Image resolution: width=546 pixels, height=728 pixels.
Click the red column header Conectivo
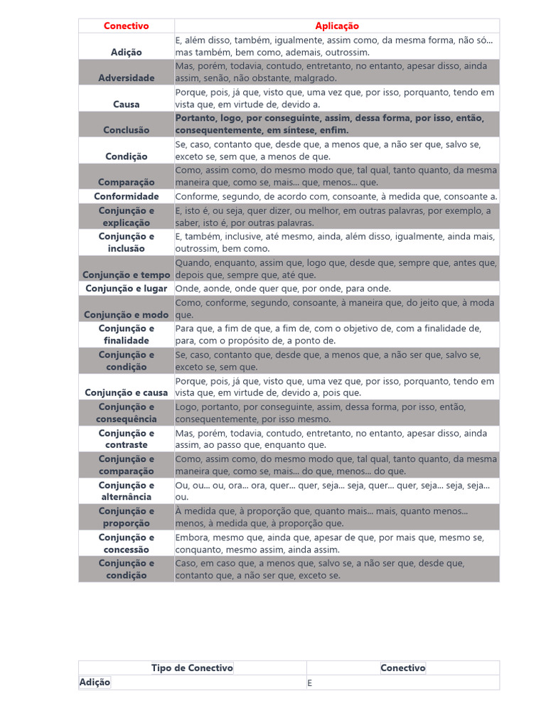coord(126,26)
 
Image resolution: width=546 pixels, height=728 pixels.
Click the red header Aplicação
coord(337,26)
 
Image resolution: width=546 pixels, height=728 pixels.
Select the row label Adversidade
coord(126,78)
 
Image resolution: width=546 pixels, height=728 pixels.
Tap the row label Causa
coord(126,105)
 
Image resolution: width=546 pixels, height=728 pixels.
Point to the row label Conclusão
coord(126,130)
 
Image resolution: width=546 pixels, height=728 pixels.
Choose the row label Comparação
coord(126,183)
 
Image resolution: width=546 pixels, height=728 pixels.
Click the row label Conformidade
coord(126,196)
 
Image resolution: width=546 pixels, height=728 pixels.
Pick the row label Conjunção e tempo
coord(126,275)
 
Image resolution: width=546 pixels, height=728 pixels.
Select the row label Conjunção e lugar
coord(126,289)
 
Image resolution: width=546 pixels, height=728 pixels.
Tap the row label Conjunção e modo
coord(126,315)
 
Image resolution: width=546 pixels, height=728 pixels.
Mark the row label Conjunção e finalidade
coord(126,334)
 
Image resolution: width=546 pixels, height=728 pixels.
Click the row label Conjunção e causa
coord(126,393)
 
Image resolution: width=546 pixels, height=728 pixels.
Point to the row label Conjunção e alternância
coord(126,491)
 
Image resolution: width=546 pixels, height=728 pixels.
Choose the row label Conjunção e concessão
coord(126,543)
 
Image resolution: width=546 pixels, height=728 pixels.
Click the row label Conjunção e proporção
coord(126,517)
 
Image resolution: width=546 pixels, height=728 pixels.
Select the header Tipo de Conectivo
coord(192,668)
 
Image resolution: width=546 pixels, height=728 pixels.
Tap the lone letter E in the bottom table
coord(310,683)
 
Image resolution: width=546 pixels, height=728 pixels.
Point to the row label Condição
coord(126,156)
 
